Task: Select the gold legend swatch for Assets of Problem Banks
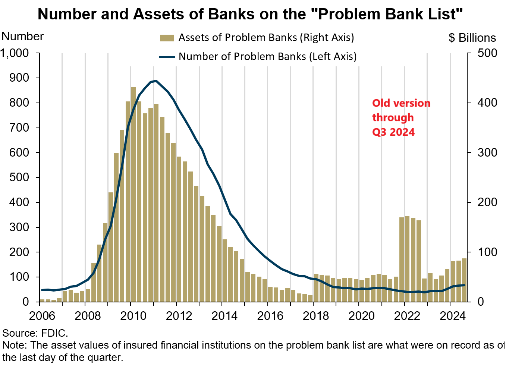click(167, 38)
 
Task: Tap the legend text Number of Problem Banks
click(267, 57)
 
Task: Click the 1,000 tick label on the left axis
click(15, 53)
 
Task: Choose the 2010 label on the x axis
click(133, 316)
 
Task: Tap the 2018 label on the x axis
click(315, 316)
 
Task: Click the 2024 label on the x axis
click(452, 316)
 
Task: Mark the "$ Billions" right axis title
click(472, 38)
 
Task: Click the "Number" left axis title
click(22, 37)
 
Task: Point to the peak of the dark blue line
click(156, 81)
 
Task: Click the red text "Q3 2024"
click(393, 132)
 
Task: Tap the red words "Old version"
click(401, 103)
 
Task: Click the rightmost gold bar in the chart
click(464, 280)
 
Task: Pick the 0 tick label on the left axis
click(25, 302)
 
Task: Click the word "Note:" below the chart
click(15, 345)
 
